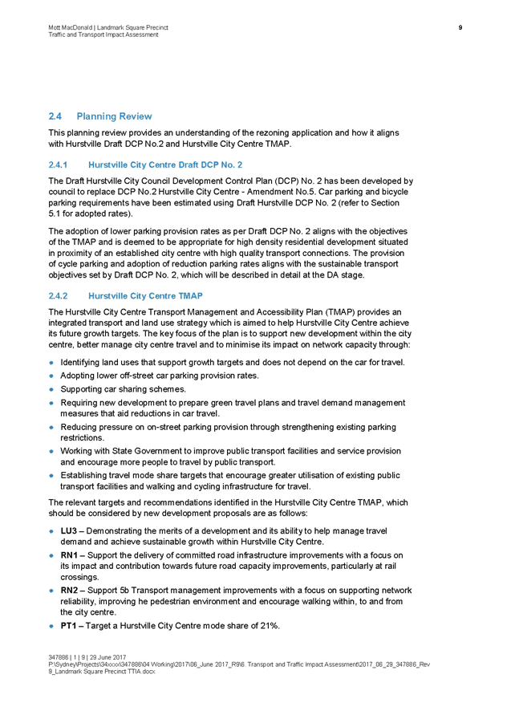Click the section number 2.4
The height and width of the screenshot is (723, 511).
click(55, 117)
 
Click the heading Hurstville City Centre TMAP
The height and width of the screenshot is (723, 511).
click(145, 296)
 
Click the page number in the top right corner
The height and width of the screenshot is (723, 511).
click(460, 28)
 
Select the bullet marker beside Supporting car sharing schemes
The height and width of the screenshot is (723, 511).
click(52, 389)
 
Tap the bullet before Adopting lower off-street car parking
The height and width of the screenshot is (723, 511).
click(52, 376)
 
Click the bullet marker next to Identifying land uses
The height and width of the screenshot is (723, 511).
click(52, 363)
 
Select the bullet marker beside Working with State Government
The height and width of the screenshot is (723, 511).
click(52, 452)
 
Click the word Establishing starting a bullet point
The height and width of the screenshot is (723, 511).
click(83, 475)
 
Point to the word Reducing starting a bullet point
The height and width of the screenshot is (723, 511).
click(77, 427)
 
